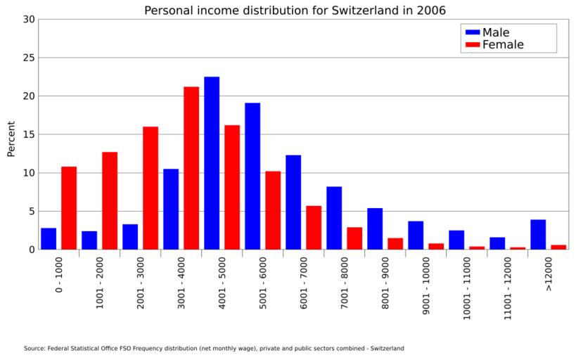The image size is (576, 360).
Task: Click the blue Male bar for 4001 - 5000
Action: coord(212,163)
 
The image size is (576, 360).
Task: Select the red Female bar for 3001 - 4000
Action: coord(191,168)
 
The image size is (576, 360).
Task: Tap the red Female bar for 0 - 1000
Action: coord(69,208)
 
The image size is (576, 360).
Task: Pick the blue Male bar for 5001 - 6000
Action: coord(252,176)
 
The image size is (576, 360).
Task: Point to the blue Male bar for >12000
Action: coord(538,234)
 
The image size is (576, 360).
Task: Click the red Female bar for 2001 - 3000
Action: coord(151,188)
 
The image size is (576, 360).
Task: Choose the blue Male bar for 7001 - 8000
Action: coord(334,218)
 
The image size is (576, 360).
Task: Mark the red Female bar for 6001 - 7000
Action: coord(314,227)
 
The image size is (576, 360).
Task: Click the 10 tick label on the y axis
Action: coord(28,173)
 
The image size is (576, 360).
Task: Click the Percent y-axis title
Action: coord(11,139)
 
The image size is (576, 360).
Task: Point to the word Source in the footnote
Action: coord(34,348)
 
